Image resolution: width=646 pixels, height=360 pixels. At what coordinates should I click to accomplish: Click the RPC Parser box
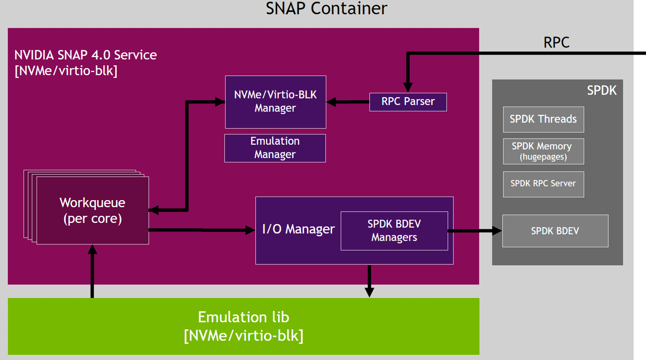point(408,102)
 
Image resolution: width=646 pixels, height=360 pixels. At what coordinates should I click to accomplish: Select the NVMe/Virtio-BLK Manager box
point(275,102)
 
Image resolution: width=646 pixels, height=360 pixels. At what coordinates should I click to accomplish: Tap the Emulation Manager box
point(275,148)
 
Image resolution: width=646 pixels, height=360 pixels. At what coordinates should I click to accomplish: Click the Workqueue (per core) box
point(92,210)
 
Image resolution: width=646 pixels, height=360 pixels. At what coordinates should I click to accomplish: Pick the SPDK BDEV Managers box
point(394,231)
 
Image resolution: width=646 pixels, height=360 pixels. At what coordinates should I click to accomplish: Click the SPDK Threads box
point(543,120)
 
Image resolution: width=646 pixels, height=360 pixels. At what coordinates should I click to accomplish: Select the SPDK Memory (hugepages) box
point(543,151)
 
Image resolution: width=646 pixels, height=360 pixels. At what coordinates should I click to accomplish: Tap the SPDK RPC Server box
point(543,184)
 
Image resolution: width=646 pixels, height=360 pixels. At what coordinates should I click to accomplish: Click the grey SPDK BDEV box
point(555,231)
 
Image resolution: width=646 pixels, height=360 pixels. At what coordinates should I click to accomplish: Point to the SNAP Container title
point(326,9)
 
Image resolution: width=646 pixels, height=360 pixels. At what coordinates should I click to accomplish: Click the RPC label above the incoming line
point(556,42)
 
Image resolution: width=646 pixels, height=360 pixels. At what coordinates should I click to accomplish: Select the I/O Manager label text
point(299,230)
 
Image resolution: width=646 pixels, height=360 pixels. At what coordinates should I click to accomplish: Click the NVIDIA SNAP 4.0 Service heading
point(86,55)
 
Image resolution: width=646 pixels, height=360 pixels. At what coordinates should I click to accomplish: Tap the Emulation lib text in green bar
point(243,317)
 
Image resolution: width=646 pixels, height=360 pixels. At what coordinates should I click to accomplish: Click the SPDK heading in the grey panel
point(602,90)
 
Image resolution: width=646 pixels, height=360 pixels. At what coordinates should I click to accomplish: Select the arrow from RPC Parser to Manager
point(348,102)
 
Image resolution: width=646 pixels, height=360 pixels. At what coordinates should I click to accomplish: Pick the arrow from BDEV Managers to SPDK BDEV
point(474,231)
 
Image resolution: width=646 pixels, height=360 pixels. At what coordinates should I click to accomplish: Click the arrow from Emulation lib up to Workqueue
point(92,271)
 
